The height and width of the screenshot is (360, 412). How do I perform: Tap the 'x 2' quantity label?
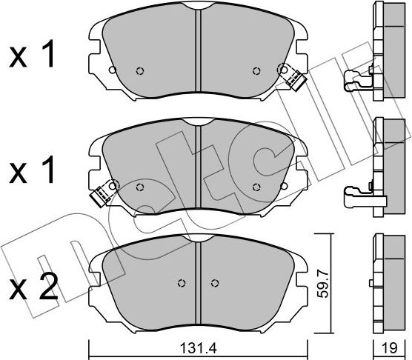(x=32, y=288)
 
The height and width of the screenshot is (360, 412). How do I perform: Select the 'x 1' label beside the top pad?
(x=32, y=57)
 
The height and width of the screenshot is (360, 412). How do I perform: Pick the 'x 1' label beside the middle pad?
(x=32, y=172)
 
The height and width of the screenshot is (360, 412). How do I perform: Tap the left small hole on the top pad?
(x=140, y=71)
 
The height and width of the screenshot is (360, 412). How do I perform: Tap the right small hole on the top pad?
(x=256, y=71)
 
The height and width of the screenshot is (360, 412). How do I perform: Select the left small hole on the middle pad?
(x=142, y=186)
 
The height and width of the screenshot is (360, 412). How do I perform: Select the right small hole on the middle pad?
(x=256, y=186)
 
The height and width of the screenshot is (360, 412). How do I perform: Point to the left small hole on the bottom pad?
(x=182, y=283)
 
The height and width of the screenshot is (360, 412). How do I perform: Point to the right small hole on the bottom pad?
(x=215, y=283)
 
